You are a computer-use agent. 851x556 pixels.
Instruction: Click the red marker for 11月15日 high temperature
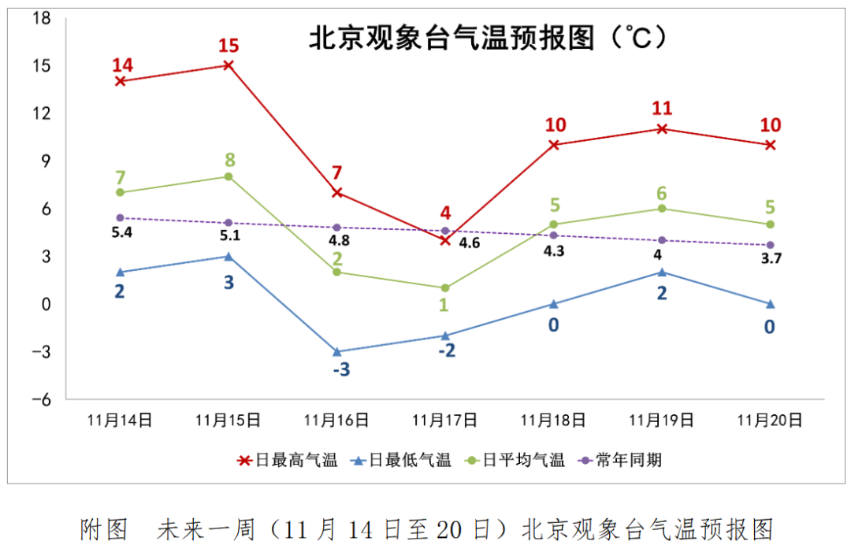coord(229,65)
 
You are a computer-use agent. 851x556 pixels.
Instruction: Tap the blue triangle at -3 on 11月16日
coord(336,351)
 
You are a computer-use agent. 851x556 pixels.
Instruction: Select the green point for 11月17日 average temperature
coord(445,287)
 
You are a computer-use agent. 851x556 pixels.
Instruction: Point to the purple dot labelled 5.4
coord(120,217)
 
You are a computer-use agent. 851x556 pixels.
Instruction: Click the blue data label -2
coord(447,350)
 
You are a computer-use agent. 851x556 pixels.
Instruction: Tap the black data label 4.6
coord(469,243)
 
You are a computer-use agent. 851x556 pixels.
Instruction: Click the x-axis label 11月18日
coord(554,421)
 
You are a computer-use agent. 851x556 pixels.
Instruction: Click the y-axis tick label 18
coord(42,18)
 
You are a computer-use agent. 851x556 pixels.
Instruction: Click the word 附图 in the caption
coord(103,529)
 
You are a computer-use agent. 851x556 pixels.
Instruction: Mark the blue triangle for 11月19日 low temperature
coord(663,272)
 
